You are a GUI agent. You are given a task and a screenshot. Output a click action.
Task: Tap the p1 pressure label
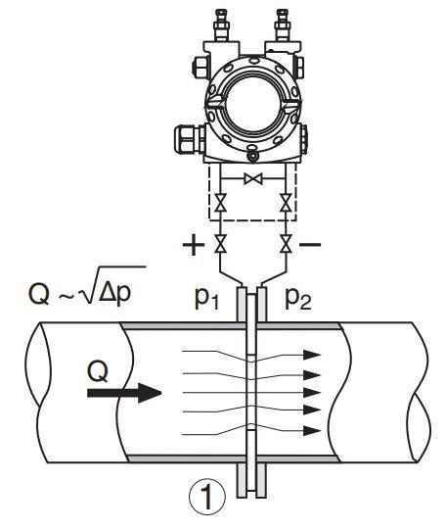(207, 299)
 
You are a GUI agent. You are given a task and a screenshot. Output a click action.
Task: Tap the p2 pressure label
(298, 299)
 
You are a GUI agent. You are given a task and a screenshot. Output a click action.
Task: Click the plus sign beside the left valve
(194, 244)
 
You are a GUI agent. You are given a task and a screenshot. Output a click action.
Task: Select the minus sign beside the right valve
(310, 244)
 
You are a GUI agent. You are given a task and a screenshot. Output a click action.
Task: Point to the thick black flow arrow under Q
(124, 393)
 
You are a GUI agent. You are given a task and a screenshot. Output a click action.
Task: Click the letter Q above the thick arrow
(98, 371)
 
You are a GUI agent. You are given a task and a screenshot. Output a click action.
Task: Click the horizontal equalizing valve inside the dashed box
(253, 178)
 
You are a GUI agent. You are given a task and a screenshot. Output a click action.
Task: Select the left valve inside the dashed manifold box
(220, 203)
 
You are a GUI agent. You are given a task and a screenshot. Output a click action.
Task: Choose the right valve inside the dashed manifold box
(286, 203)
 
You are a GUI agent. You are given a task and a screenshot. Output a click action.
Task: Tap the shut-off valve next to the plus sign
(220, 244)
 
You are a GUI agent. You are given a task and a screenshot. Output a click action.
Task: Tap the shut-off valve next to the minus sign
(286, 244)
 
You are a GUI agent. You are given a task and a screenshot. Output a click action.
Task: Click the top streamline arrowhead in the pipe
(311, 355)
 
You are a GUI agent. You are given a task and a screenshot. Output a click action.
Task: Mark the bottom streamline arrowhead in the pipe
(311, 431)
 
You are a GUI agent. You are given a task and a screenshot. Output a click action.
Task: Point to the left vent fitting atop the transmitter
(221, 24)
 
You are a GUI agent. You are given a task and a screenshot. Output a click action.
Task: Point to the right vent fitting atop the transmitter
(283, 24)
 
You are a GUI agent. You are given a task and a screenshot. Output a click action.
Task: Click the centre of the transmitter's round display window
(252, 102)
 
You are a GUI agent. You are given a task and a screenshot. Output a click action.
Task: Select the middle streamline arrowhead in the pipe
(311, 393)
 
